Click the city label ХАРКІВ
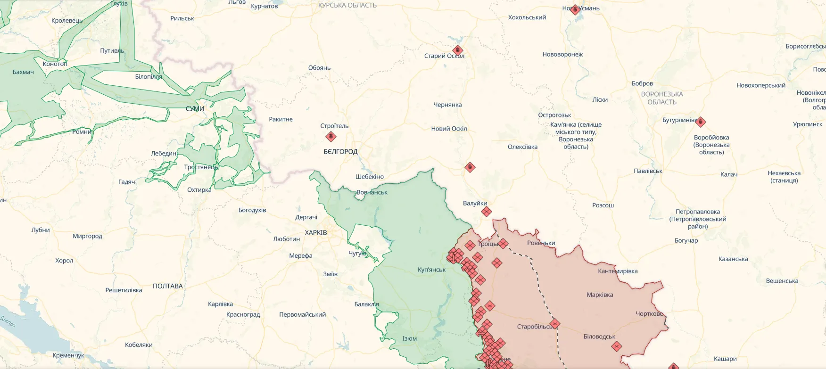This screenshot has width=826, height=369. pos(315,232)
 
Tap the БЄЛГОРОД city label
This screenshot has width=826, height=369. pos(340,151)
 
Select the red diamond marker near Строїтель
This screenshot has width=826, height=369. pos(331,137)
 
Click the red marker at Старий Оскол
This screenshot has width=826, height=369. pos(457,50)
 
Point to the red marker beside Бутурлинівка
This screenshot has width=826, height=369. pos(701,122)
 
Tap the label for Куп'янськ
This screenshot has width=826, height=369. pos(431,270)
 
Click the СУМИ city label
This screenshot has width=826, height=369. pos(195,108)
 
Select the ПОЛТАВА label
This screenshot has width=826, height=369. pos(167,286)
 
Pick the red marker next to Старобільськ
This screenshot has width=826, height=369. pos(555,324)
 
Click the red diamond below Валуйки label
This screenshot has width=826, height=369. pos(487,212)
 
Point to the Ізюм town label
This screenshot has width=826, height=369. pos(409,338)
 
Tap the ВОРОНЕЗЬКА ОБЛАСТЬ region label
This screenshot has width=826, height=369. pos(662,98)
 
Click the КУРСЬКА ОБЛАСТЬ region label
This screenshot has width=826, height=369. pos(347,5)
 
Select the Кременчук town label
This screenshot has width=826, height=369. pos(68,355)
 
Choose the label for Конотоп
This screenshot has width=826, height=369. pos(55,64)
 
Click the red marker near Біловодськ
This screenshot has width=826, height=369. pos(616,346)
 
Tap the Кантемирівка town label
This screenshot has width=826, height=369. pos(618,271)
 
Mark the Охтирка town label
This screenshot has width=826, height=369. pos(199,190)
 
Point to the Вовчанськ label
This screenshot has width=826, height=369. pos(372,192)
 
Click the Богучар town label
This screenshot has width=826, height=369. pos(686,240)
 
